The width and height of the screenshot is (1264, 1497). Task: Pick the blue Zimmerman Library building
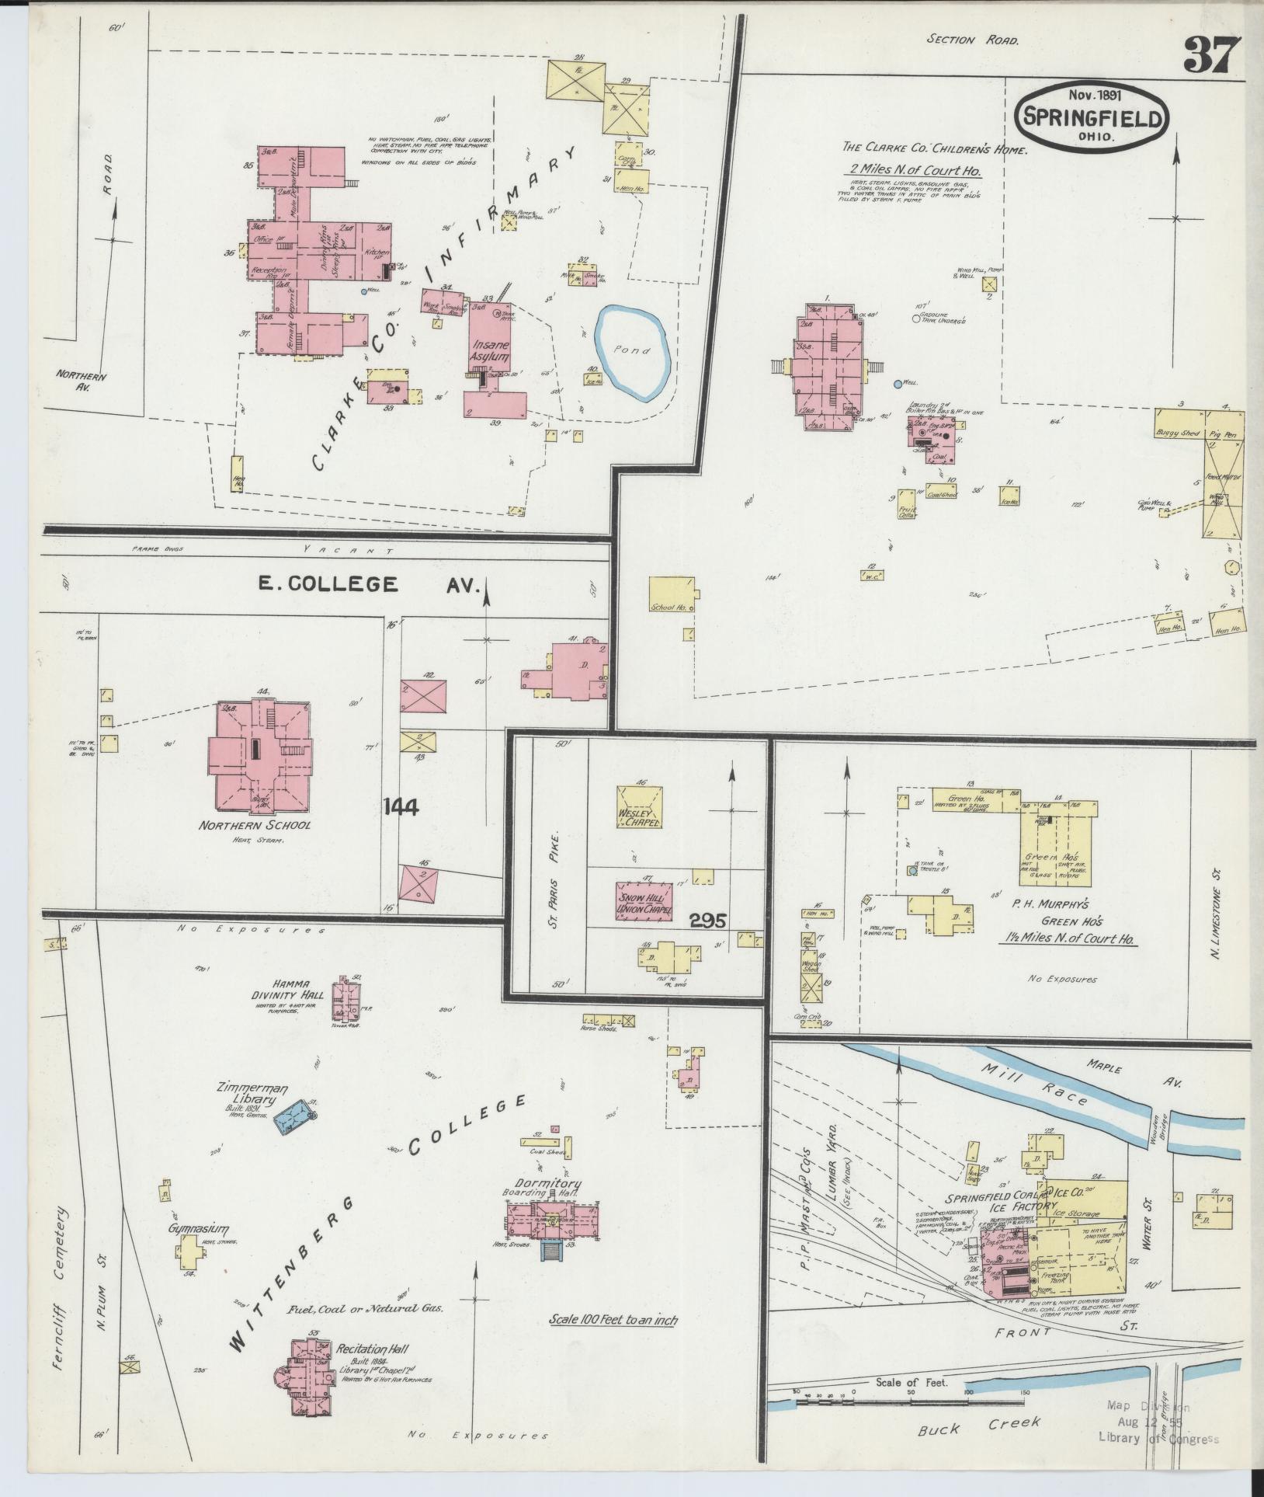coord(298,1119)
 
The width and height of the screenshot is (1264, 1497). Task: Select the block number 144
coord(401,808)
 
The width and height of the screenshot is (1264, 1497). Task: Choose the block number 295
coord(707,921)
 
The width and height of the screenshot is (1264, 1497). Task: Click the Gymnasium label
coord(200,1251)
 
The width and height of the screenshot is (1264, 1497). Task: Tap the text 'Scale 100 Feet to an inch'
coord(613,1319)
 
